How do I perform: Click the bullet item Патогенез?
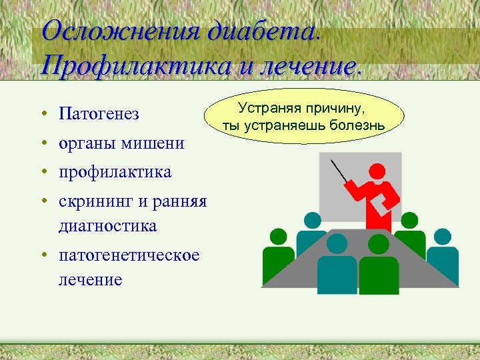point(99,114)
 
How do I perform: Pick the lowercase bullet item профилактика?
point(115,172)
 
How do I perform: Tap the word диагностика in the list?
point(107,226)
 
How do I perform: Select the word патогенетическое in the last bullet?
point(129,255)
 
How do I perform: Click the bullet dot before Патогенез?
point(42,115)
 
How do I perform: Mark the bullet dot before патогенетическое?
point(42,256)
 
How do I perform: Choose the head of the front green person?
point(378,244)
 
